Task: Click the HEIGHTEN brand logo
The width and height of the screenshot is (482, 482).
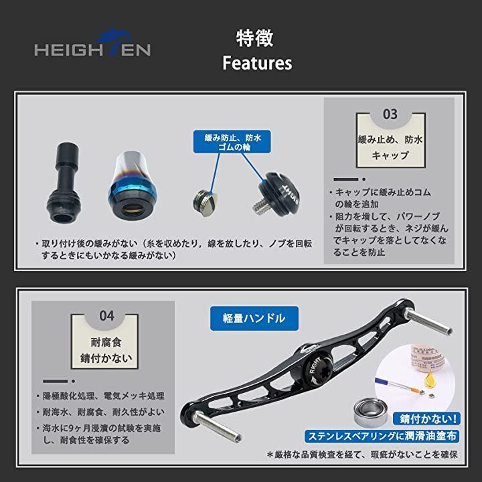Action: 92,42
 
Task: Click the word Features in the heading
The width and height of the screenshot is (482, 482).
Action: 257,63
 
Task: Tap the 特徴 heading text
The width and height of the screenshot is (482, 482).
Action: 254,38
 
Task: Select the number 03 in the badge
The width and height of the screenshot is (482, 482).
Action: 390,114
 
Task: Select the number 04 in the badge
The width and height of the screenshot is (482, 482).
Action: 106,316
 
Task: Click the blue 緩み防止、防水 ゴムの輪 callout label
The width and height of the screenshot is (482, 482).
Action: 232,142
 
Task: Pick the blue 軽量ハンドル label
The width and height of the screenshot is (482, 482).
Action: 254,318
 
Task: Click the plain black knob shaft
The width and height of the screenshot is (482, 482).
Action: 64,181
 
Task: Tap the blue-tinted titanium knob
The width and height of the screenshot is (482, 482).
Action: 132,186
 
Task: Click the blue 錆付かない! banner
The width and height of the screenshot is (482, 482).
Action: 426,419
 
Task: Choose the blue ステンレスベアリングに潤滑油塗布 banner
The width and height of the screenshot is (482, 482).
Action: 382,436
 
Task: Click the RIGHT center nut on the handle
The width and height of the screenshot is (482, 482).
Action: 317,369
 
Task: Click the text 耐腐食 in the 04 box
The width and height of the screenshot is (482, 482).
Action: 106,342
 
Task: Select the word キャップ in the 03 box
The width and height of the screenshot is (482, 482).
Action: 390,155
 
